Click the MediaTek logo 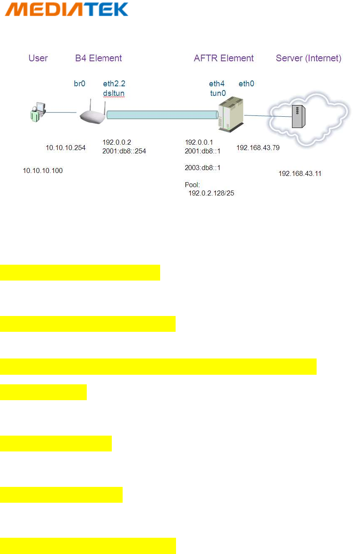click(x=67, y=9)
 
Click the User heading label click(x=38, y=58)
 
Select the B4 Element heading click(x=98, y=58)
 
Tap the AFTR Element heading click(x=224, y=58)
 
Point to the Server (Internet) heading click(x=309, y=58)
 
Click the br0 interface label click(x=79, y=83)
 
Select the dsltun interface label click(x=113, y=93)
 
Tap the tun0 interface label click(x=218, y=93)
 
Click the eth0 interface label click(x=247, y=83)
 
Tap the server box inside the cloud click(x=297, y=116)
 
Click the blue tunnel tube click(x=162, y=115)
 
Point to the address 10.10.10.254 click(x=65, y=147)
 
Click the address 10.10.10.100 click(x=43, y=170)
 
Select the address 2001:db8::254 click(x=124, y=151)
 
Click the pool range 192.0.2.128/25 click(x=211, y=193)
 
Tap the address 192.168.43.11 click(x=300, y=173)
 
